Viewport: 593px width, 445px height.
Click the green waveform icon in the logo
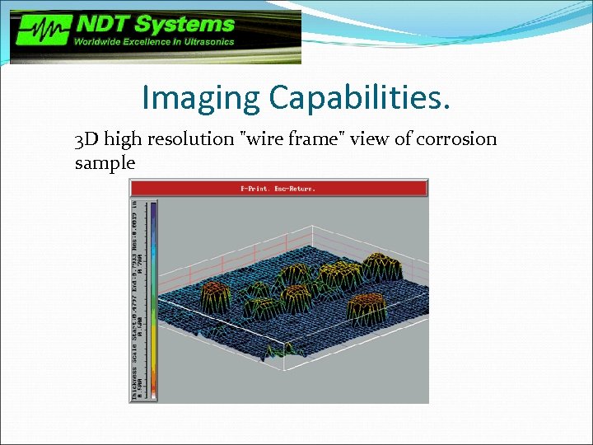41,34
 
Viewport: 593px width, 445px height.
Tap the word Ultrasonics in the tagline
208,42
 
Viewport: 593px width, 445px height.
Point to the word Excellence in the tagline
149,42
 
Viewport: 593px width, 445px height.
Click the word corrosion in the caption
455,138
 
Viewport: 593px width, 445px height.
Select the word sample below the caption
105,163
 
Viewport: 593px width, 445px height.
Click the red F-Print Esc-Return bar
278,188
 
